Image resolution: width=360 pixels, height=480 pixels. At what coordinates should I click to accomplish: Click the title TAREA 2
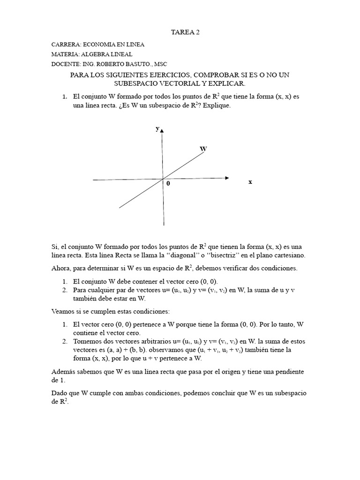[x=180, y=32]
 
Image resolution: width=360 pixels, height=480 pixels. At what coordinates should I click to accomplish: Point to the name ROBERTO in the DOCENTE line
[x=110, y=64]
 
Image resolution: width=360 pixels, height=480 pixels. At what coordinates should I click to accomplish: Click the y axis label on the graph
[x=157, y=128]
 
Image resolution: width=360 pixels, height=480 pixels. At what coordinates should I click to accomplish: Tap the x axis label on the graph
[x=250, y=182]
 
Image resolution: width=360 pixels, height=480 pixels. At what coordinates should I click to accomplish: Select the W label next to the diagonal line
[x=203, y=149]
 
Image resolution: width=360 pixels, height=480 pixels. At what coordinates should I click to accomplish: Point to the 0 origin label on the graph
[x=167, y=184]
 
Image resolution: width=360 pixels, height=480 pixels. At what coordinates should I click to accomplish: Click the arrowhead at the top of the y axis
[x=162, y=131]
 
